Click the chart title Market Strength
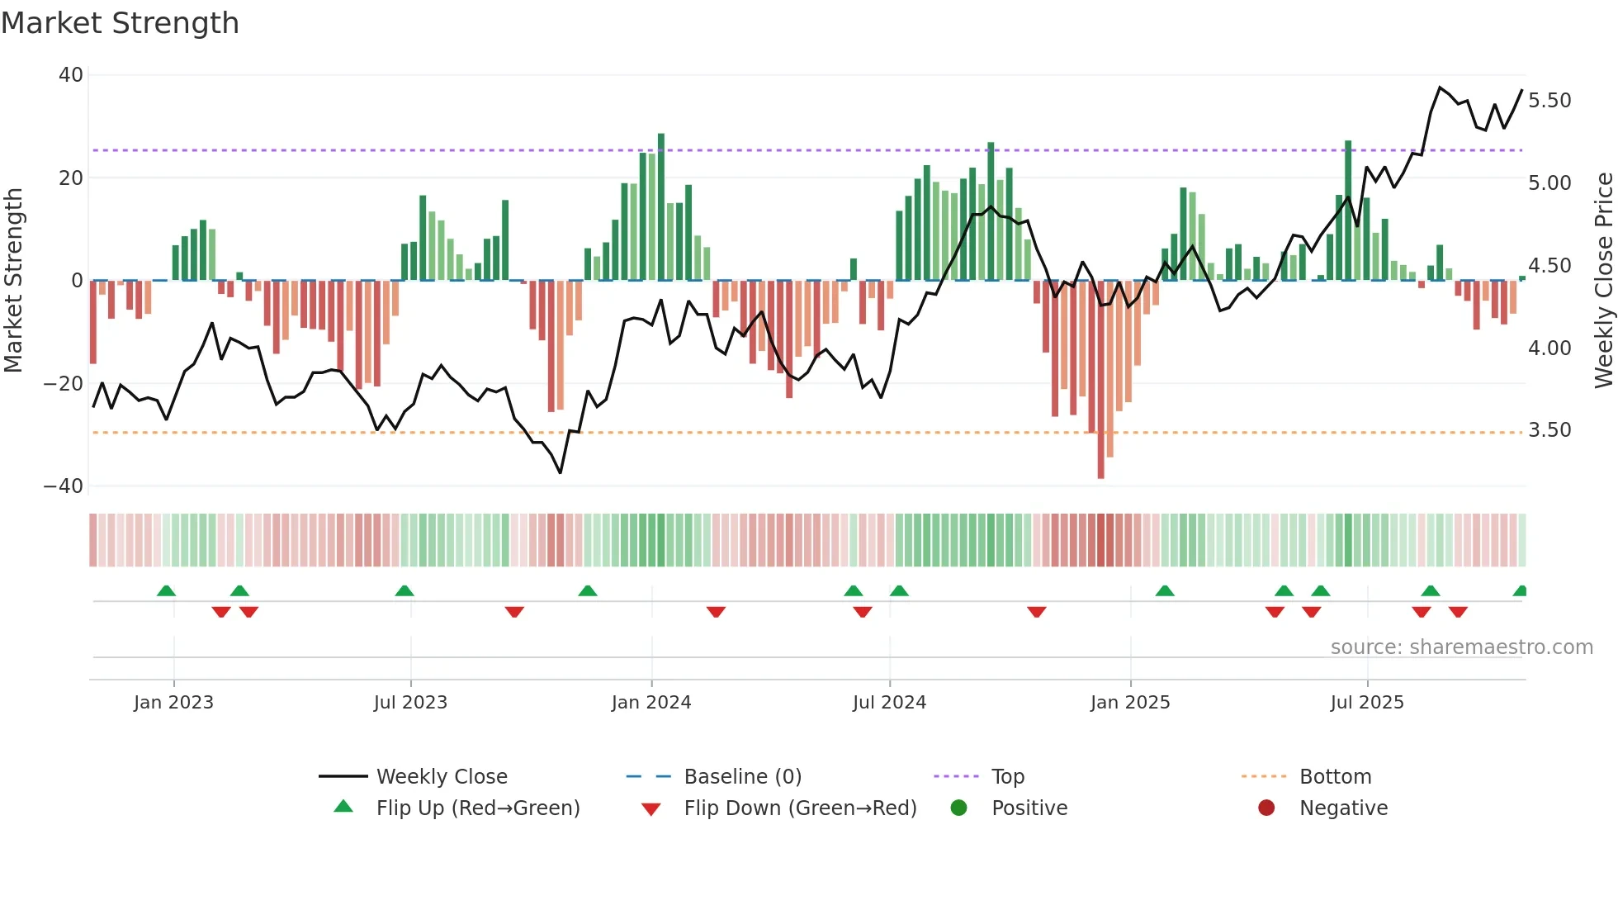(120, 23)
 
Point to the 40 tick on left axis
(71, 75)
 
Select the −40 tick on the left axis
(64, 486)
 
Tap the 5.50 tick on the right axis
(1549, 101)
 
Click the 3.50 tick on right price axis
(1549, 430)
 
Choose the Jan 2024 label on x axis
(651, 703)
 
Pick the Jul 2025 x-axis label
(1367, 703)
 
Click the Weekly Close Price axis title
(1603, 281)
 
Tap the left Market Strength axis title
(14, 281)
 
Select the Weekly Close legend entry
(441, 777)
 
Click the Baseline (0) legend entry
(742, 777)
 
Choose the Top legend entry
(1007, 777)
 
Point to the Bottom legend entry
(1335, 777)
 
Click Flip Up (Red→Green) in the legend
(477, 808)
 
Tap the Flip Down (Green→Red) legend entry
(799, 808)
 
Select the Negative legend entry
(1343, 808)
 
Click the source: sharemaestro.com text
(1461, 647)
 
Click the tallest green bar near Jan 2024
(661, 206)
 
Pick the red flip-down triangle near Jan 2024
(716, 612)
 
